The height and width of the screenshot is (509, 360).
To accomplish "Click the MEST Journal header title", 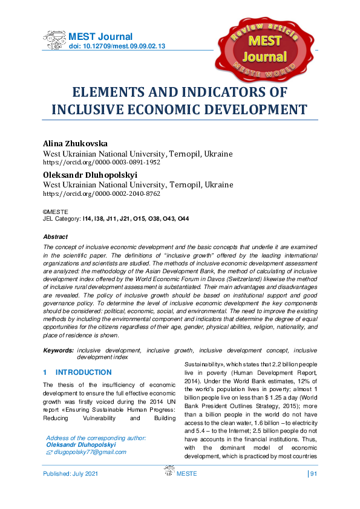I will pos(100,37).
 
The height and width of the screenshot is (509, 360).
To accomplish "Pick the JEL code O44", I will pos(183,219).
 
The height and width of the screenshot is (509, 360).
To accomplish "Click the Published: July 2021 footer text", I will pos(70,490).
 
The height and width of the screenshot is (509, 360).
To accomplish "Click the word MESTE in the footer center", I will pos(186,490).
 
